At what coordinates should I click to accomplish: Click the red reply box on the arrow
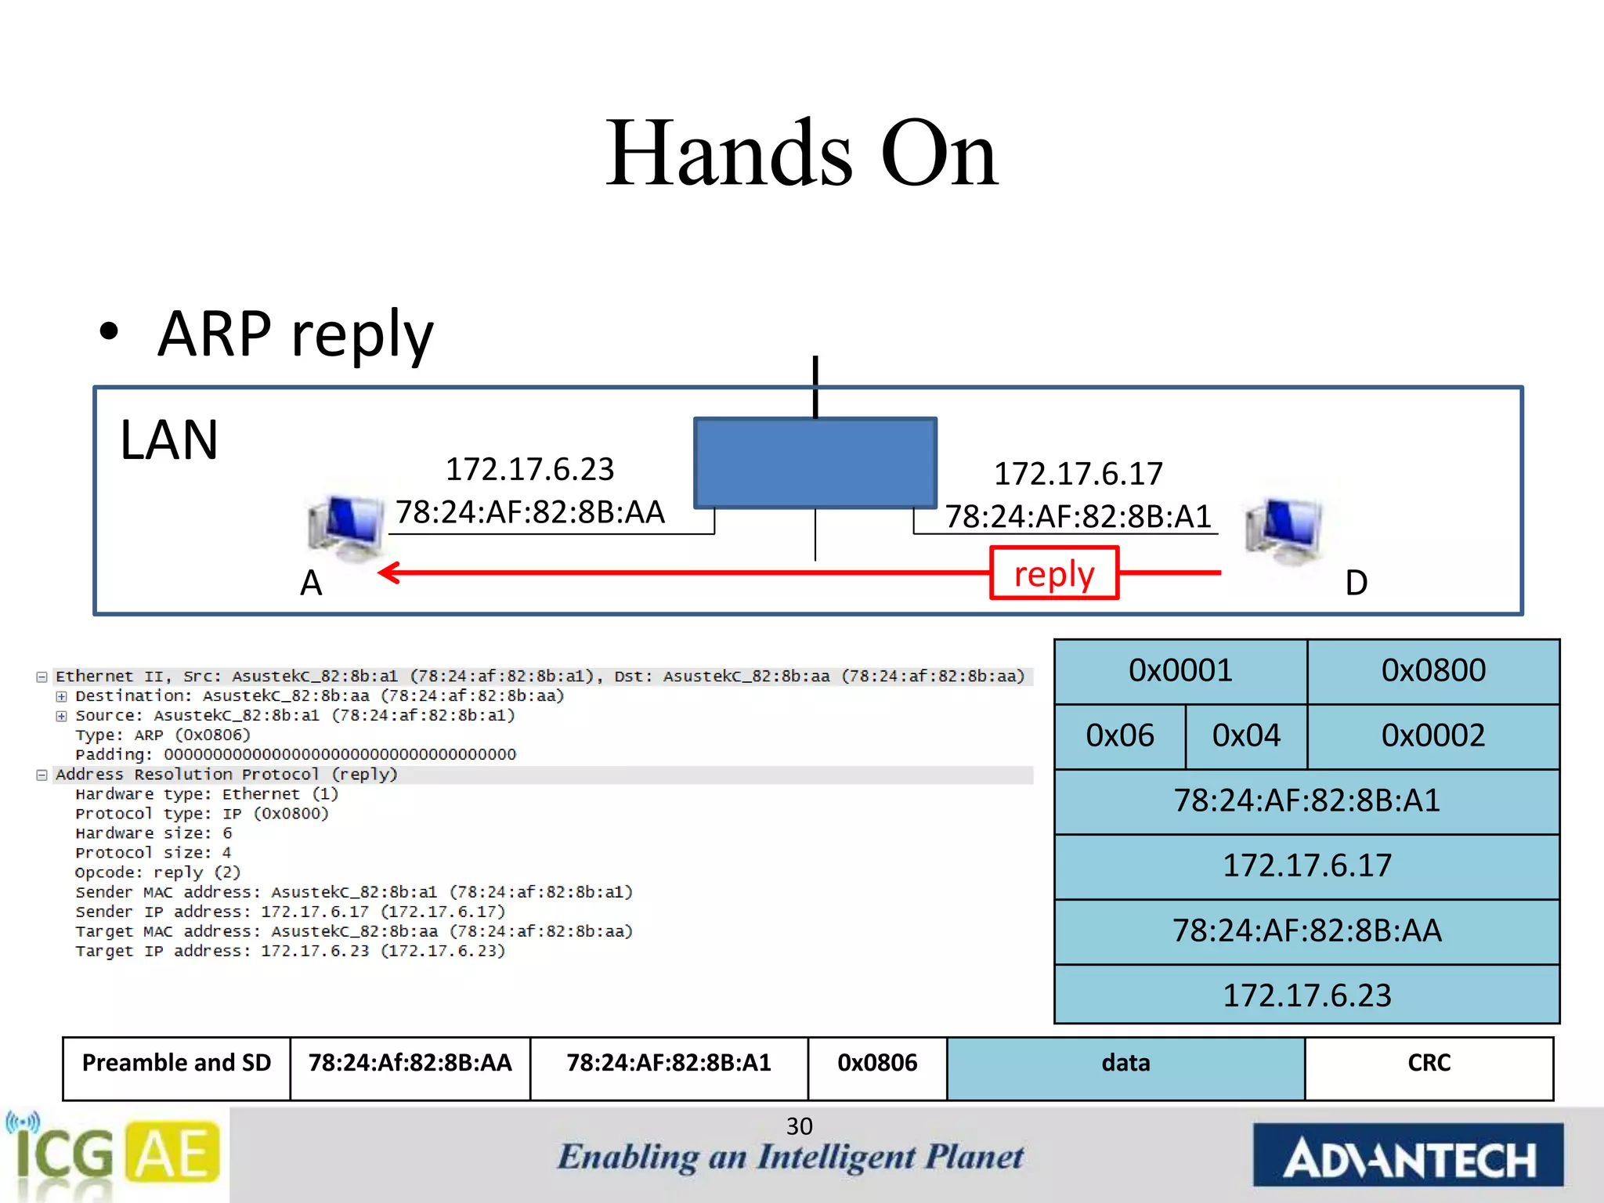[x=1053, y=573]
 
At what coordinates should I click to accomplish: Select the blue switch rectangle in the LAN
[x=815, y=463]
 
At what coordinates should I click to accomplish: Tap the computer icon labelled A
[x=345, y=528]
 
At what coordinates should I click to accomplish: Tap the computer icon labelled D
[x=1284, y=530]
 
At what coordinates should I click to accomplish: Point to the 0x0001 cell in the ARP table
[x=1180, y=671]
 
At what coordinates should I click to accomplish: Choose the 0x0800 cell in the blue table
[x=1432, y=671]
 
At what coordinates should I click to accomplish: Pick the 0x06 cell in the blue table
[x=1119, y=736]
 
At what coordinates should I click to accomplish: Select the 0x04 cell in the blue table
[x=1245, y=736]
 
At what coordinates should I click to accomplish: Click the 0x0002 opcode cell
[x=1432, y=736]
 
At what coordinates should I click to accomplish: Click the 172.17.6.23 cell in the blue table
[x=1306, y=995]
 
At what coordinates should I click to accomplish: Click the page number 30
[x=799, y=1126]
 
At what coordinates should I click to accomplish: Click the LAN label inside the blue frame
[x=169, y=440]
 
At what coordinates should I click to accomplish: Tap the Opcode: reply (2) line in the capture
[x=157, y=872]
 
